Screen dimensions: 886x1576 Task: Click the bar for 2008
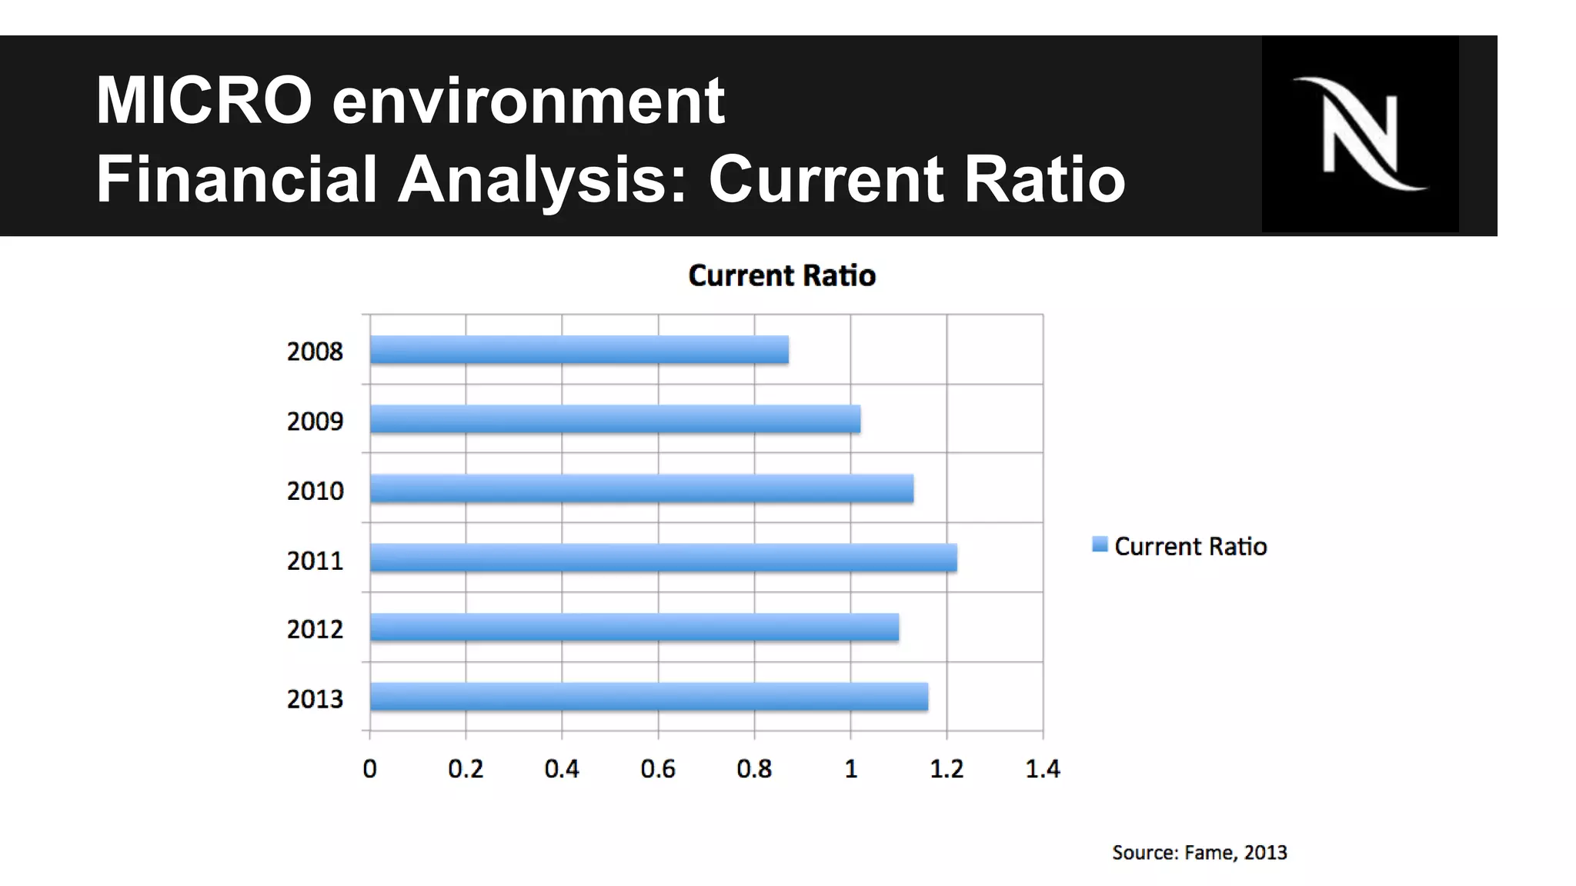pos(579,350)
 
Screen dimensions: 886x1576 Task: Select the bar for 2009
pos(615,419)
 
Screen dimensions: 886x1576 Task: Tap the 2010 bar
pos(641,489)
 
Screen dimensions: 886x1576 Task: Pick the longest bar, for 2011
pos(663,558)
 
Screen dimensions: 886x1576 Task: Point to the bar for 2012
pos(634,628)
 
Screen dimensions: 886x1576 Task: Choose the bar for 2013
pos(649,697)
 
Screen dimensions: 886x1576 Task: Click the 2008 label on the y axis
pos(315,351)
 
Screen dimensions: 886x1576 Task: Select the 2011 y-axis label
pos(315,561)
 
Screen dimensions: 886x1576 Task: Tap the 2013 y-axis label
pos(315,699)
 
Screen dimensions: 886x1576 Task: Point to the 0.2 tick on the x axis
pos(466,768)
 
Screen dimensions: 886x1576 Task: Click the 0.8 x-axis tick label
pos(754,768)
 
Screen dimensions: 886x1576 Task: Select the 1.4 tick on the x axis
pos(1043,768)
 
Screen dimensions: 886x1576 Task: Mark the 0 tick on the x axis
pos(370,768)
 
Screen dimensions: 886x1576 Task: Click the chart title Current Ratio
pos(782,275)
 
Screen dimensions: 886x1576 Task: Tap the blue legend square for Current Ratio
pos(1100,545)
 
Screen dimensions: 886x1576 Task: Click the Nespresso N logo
pos(1360,134)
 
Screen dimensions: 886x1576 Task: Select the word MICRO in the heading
pos(204,100)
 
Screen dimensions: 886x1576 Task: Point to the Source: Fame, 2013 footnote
pos(1199,852)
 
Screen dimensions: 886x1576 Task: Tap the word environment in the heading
pos(528,100)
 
